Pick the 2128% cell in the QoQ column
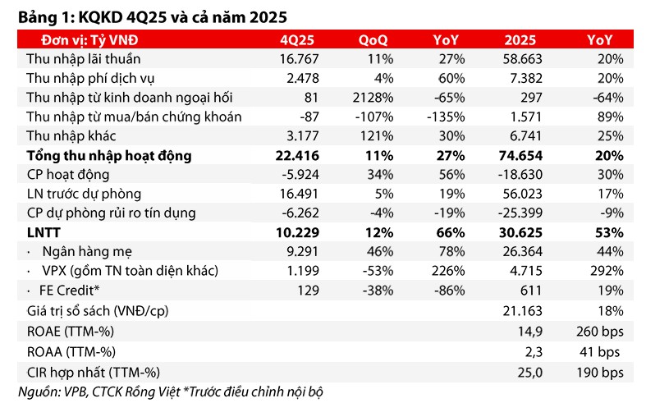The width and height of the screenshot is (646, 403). (369, 98)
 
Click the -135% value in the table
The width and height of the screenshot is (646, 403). (447, 117)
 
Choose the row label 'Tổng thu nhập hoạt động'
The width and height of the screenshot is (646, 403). (109, 155)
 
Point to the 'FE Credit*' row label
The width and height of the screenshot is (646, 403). (68, 291)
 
